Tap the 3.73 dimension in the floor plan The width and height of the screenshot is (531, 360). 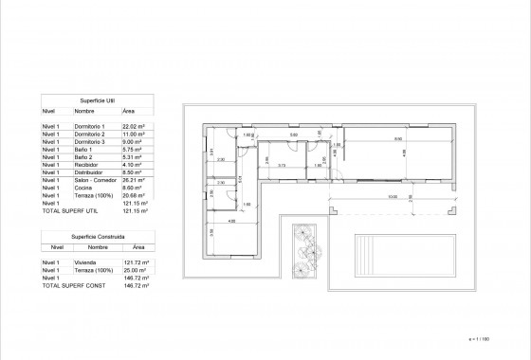click(282, 165)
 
